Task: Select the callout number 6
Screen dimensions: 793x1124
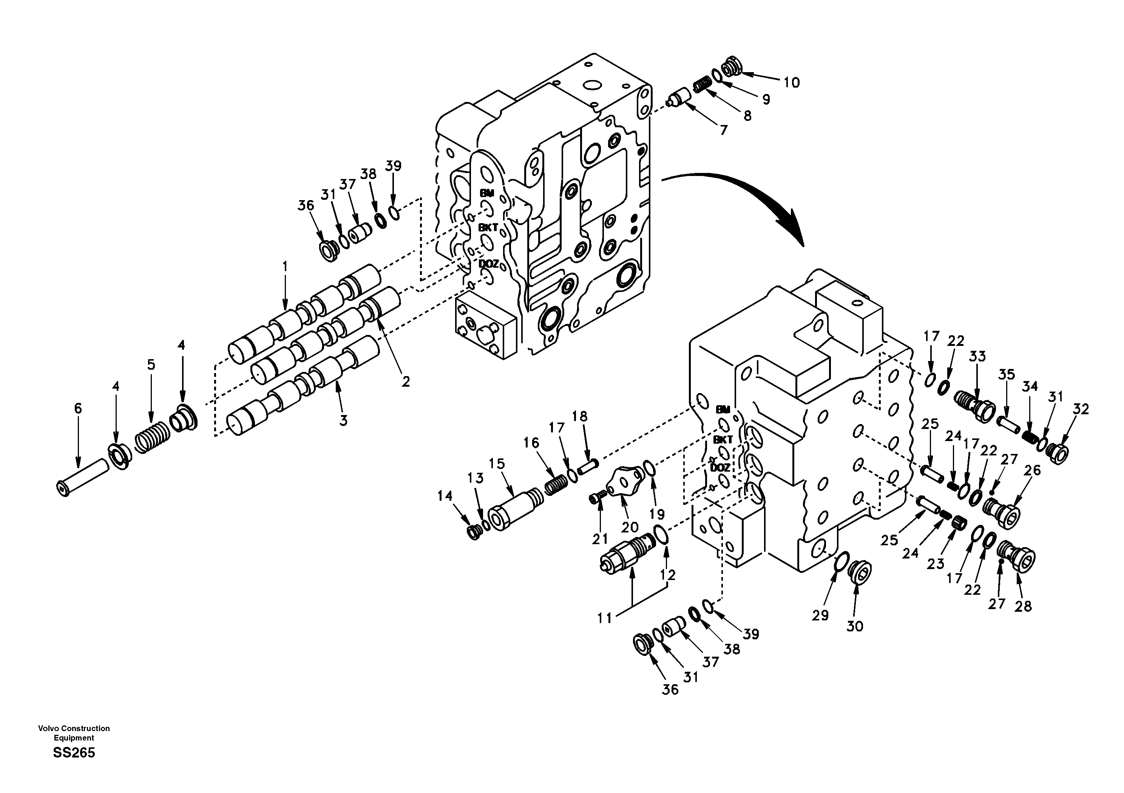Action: (78, 408)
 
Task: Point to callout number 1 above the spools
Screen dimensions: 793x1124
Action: (285, 267)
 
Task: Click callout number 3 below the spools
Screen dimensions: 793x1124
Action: (343, 420)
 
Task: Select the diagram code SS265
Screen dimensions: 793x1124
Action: (74, 753)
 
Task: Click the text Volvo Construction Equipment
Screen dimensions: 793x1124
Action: (74, 733)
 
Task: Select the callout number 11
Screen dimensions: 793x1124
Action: (605, 618)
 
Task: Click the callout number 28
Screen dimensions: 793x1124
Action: (1023, 606)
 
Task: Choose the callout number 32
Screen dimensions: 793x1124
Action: (1081, 409)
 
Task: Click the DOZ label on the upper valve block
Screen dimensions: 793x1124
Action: (489, 264)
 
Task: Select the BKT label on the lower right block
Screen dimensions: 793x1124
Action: (722, 440)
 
